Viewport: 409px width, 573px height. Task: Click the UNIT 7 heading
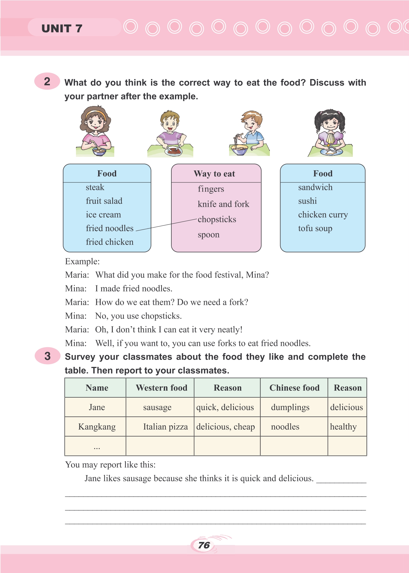coord(62,29)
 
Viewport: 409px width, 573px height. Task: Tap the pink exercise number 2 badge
coord(47,81)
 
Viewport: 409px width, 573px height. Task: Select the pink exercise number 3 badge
coord(47,356)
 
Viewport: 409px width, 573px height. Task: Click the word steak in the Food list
coord(95,187)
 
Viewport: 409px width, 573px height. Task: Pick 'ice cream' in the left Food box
coord(103,215)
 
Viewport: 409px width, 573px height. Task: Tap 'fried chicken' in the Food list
coord(109,242)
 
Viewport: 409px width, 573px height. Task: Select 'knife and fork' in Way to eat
coord(223,204)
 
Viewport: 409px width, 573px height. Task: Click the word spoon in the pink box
coord(208,235)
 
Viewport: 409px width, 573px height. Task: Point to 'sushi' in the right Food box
coord(308,201)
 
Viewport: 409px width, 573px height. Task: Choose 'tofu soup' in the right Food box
coord(315,228)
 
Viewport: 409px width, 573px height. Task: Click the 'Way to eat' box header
coord(215,174)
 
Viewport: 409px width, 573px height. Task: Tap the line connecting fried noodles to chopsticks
coord(167,225)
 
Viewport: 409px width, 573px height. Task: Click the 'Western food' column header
coord(161,388)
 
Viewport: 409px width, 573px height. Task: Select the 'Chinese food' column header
coord(294,388)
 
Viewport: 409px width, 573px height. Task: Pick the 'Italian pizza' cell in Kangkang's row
coord(165,427)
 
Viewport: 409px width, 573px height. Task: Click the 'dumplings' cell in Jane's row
coord(290,407)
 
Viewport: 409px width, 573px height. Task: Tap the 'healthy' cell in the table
coord(343,427)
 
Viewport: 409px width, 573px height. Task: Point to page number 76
coord(204,545)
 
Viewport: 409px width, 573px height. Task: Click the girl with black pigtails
coord(330,132)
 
